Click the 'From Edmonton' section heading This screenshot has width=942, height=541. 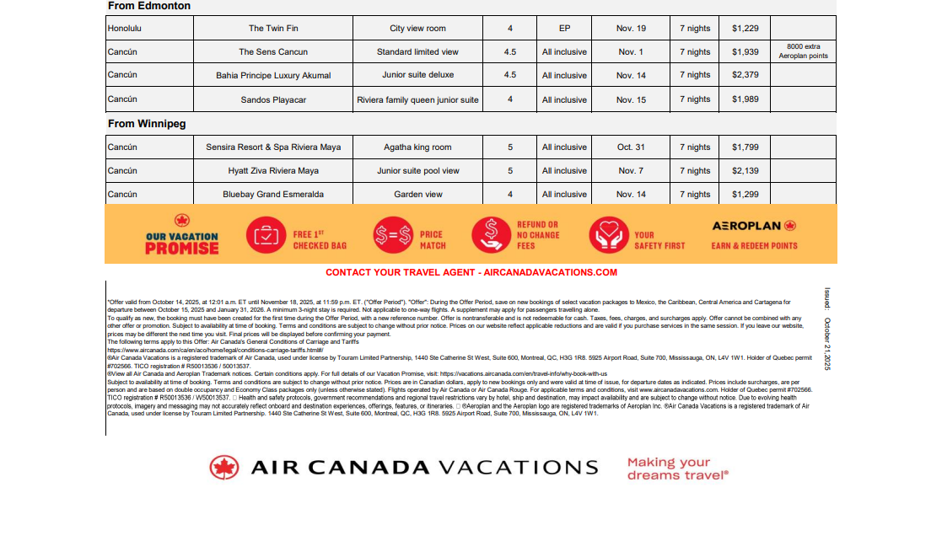(149, 7)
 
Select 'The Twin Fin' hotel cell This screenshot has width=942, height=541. (272, 29)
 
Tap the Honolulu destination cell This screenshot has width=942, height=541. (126, 29)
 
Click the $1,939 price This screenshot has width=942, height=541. (745, 52)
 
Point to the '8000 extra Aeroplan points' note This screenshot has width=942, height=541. (802, 51)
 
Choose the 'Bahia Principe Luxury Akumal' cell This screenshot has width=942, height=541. (273, 76)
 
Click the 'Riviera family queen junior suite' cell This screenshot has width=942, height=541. (417, 100)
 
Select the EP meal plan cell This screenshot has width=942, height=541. (564, 29)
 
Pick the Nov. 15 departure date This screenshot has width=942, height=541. (631, 100)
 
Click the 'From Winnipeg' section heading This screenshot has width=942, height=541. (147, 124)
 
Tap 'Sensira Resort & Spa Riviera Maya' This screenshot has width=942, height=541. (273, 147)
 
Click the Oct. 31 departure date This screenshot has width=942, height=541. (631, 147)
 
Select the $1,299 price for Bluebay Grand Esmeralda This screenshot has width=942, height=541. (745, 195)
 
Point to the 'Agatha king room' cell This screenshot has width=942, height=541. (417, 147)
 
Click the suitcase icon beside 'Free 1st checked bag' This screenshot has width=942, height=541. (265, 235)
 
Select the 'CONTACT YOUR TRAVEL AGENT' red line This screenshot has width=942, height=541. (471, 273)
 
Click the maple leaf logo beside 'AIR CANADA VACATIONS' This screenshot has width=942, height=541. (224, 468)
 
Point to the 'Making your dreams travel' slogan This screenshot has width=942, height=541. (677, 469)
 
